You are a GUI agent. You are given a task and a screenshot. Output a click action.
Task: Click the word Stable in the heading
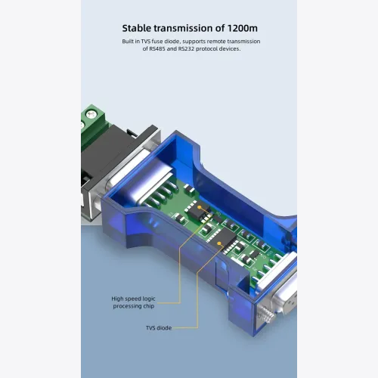coord(136,28)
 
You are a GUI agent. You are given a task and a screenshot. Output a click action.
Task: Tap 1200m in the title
coord(243,28)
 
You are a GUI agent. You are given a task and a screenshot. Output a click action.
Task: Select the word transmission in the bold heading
coord(184,28)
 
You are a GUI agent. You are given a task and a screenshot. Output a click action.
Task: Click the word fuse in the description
coord(157,42)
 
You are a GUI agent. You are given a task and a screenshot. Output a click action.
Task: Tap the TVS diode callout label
coord(159,328)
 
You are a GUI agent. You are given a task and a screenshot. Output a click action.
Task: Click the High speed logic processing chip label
coord(134,302)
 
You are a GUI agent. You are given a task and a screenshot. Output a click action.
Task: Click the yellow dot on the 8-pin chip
coord(200,207)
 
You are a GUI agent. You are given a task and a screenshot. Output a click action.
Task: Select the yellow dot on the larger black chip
coord(219,243)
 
